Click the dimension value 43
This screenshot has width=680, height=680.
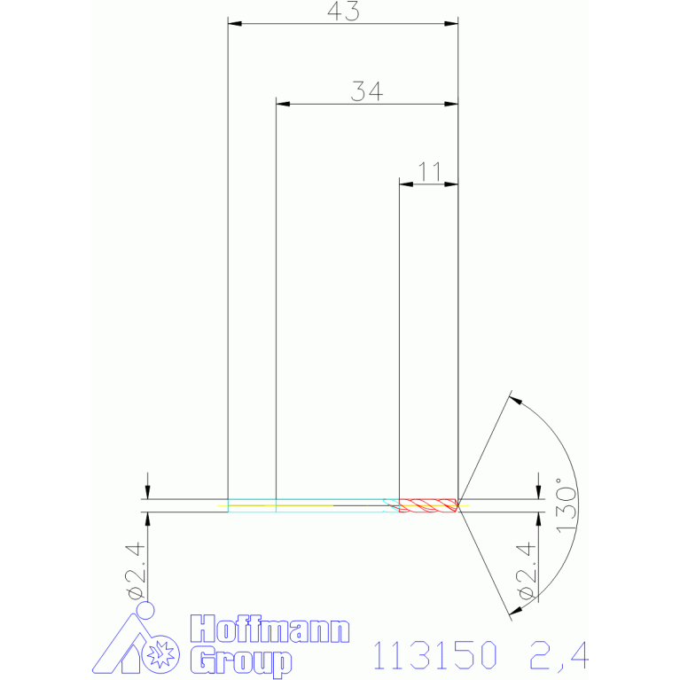coord(343,12)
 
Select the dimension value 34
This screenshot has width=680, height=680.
coord(367,91)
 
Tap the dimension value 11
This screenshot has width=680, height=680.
coord(429,172)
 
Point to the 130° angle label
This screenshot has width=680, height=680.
coord(567,505)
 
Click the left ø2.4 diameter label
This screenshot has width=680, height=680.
coord(135,570)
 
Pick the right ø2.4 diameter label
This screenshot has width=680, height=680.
coord(527,570)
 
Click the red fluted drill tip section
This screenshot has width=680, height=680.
coord(428,505)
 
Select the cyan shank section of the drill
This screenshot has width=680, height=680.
coord(313,505)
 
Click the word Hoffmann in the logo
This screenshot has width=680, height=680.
coord(270,629)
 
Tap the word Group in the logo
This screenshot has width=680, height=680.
coord(241,660)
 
